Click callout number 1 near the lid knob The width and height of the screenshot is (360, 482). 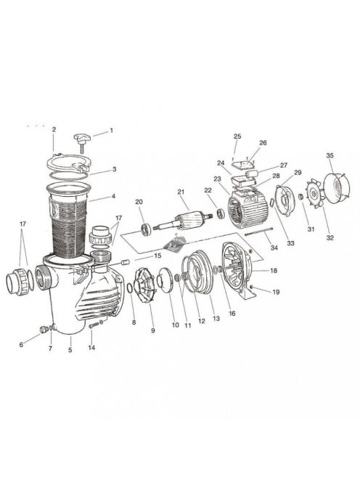pyautogui.click(x=111, y=131)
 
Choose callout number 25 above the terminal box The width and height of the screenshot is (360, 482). pyautogui.click(x=237, y=136)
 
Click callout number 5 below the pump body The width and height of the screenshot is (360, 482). pyautogui.click(x=70, y=351)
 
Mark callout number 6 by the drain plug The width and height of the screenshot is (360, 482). pyautogui.click(x=21, y=345)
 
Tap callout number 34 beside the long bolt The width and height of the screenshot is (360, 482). pyautogui.click(x=274, y=248)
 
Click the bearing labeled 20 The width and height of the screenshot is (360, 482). pyautogui.click(x=147, y=230)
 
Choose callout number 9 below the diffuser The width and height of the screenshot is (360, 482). pyautogui.click(x=153, y=330)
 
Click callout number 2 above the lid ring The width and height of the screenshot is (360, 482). pyautogui.click(x=54, y=129)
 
